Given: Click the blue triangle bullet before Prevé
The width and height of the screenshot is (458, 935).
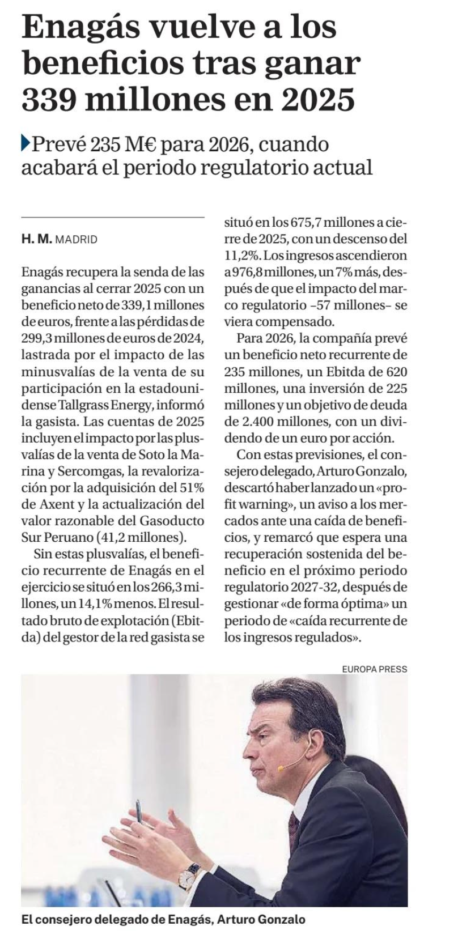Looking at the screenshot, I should tap(26, 144).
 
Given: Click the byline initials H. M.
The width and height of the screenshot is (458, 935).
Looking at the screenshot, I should tap(36, 239).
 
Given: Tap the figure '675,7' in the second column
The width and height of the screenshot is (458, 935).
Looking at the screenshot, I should tap(309, 222).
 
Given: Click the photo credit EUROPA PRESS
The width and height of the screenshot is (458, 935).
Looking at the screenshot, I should tap(374, 669).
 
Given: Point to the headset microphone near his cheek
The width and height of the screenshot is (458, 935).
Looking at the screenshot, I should tap(281, 768).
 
